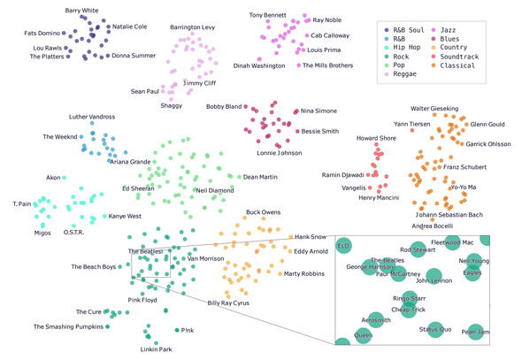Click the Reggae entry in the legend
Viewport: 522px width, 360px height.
point(401,74)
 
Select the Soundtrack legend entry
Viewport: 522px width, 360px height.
point(456,57)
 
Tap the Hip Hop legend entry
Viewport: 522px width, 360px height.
point(403,48)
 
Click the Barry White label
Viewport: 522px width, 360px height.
point(82,11)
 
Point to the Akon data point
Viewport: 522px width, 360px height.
point(65,178)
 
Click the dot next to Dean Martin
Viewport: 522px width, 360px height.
point(239,177)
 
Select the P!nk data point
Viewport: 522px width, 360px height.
point(177,330)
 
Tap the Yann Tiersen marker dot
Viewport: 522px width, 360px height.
point(412,130)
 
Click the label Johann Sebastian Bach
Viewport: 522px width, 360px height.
point(449,215)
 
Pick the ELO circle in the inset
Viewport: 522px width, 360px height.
point(343,246)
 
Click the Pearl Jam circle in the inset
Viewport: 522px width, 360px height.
point(475,332)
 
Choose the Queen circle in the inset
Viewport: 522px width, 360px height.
point(363,335)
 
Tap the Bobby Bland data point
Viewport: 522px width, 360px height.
point(245,106)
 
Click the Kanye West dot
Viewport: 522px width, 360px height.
point(104,217)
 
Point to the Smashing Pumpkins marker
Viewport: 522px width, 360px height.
point(108,326)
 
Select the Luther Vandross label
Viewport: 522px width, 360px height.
point(92,117)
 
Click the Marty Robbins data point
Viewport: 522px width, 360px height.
point(280,274)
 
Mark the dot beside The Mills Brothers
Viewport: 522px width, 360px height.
point(299,65)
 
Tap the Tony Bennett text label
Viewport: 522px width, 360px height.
point(268,15)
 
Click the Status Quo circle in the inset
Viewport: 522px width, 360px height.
point(435,329)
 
